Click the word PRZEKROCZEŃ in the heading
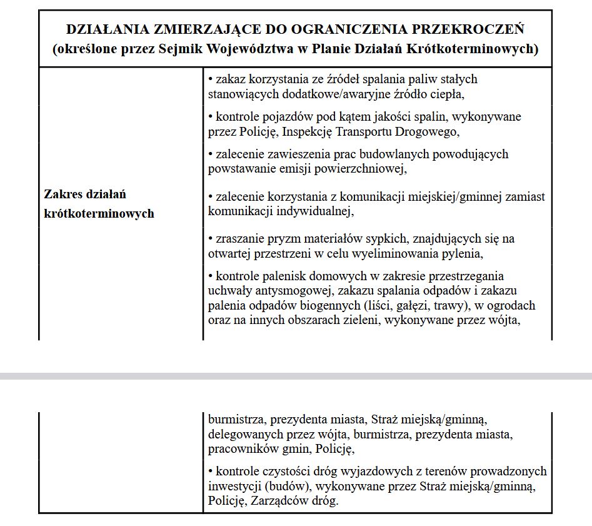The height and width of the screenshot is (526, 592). tap(475, 29)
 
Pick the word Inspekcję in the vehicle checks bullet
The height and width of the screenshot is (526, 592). tap(309, 132)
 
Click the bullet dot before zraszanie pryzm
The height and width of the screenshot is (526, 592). tap(211, 239)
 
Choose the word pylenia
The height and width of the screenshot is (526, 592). tap(461, 254)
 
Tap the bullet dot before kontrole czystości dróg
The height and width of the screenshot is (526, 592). tap(211, 472)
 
